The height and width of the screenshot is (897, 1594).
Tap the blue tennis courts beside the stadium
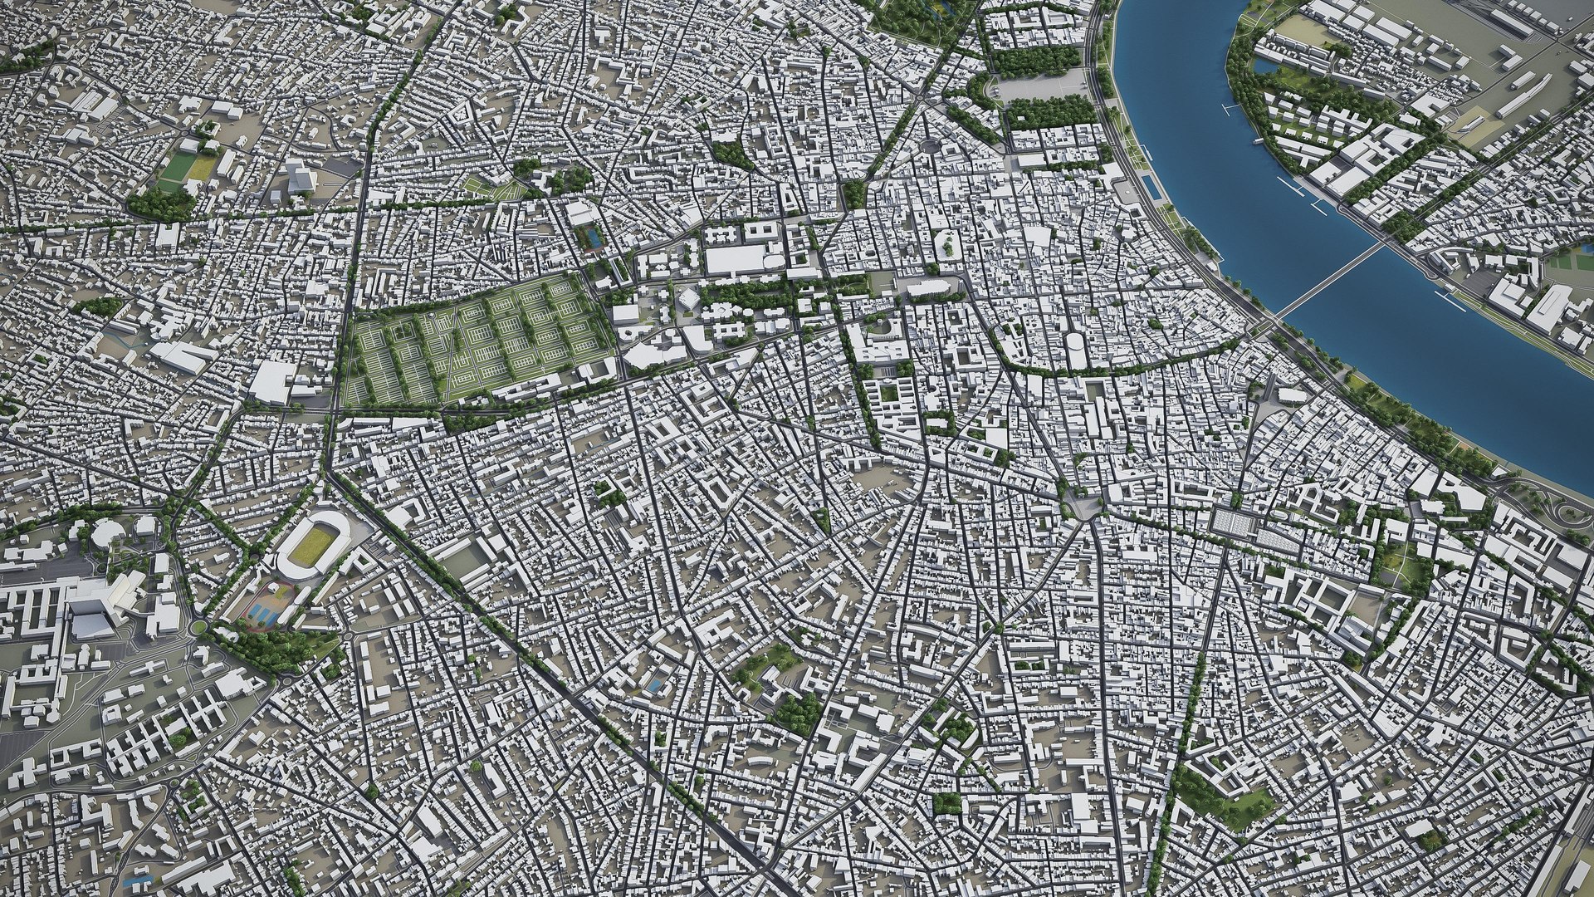click(x=264, y=613)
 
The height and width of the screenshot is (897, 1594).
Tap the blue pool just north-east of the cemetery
click(x=592, y=239)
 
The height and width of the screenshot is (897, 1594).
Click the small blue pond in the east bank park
click(x=1261, y=66)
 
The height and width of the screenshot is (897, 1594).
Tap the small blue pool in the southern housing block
click(x=655, y=685)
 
